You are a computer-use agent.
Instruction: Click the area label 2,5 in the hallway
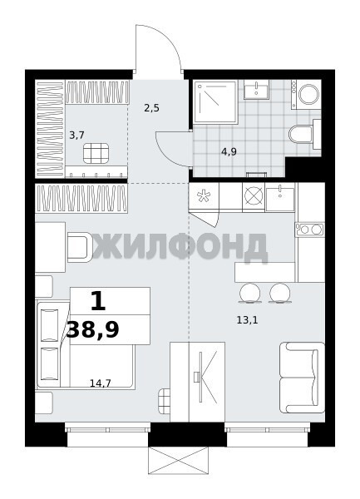tap(151, 108)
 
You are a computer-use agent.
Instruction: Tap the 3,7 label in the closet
tap(76, 136)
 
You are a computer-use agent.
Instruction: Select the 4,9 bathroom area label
tap(229, 151)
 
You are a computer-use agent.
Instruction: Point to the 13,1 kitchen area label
tap(247, 320)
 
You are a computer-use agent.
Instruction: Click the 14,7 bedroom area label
tap(100, 383)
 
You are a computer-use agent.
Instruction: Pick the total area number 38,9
tap(92, 329)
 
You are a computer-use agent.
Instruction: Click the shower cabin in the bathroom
tap(216, 101)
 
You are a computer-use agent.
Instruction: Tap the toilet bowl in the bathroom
tap(302, 134)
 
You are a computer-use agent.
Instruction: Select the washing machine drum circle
tap(308, 94)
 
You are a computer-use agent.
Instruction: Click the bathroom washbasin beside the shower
tap(257, 90)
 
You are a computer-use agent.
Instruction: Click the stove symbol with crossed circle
tap(254, 195)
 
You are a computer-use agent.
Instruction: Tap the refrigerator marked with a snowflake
tap(204, 196)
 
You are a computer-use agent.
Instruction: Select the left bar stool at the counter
tap(250, 293)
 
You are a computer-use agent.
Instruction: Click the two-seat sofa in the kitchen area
tap(302, 378)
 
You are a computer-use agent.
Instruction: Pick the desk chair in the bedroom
tap(80, 247)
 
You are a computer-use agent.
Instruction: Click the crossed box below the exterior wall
tap(179, 461)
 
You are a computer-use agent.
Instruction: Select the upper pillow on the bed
tap(50, 325)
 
